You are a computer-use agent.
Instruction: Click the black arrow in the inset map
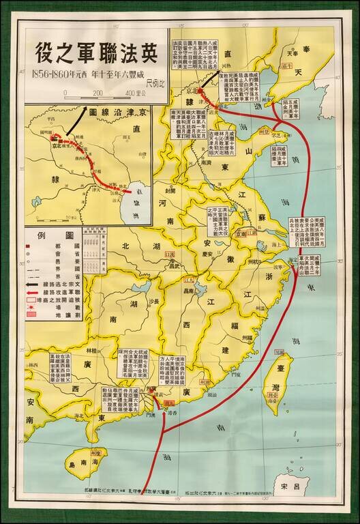coord(74,126)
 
